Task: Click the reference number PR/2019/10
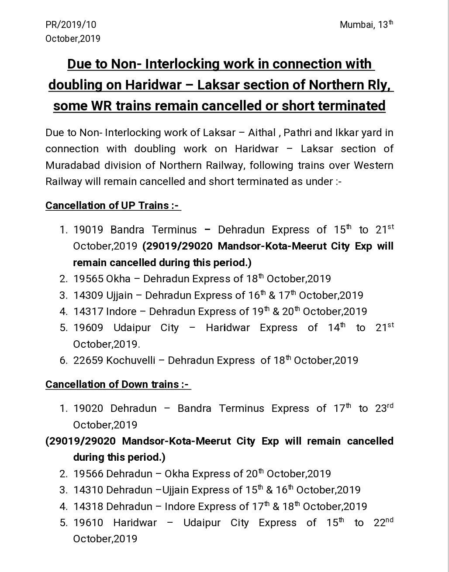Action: tap(71, 25)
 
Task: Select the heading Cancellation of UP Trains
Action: tap(113, 205)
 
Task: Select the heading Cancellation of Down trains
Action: tap(117, 384)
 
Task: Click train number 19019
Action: tap(88, 229)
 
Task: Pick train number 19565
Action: tap(88, 278)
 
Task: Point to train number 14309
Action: tap(88, 295)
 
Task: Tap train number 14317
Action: tap(88, 311)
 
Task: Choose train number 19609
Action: tap(88, 328)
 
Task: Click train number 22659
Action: tap(88, 360)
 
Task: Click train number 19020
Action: tap(88, 408)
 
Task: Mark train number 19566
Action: tap(88, 473)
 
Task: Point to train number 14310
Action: tap(88, 490)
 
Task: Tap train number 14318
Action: tap(88, 506)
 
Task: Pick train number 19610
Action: tap(88, 523)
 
